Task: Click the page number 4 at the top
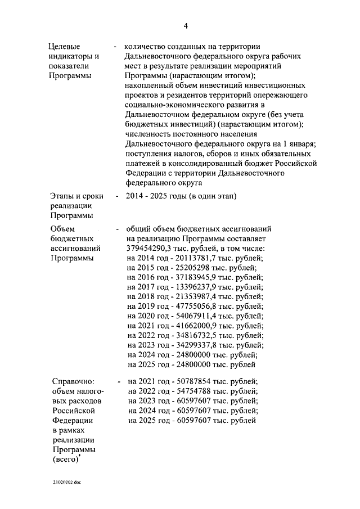[x=185, y=26]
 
